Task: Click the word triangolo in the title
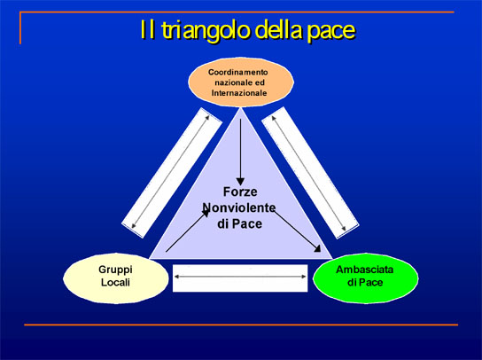pos(206,31)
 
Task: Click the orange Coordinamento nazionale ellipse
pos(241,82)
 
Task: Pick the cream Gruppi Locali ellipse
pos(116,278)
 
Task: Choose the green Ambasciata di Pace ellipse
pos(366,278)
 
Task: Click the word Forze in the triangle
pos(240,192)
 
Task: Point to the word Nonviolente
pos(239,207)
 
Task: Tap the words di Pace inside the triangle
pos(240,223)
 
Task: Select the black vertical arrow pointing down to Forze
pos(240,153)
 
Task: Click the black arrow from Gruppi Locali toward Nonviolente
pos(188,231)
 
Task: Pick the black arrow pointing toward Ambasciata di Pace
pos(297,231)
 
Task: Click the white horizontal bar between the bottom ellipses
pos(240,278)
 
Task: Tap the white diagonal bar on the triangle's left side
pos(172,173)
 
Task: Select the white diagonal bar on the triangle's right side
pos(310,173)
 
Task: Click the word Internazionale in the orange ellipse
pos(239,93)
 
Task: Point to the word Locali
pos(115,283)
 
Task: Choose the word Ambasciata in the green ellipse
pos(364,270)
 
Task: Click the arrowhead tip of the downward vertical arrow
pos(240,185)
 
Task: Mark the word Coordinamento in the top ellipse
pos(238,72)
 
